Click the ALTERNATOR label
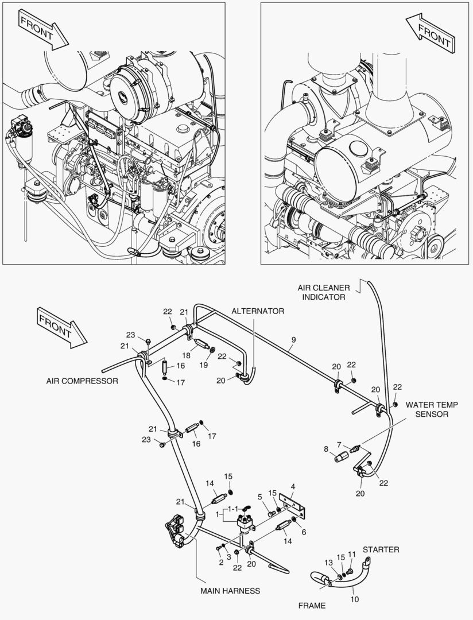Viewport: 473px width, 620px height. click(x=258, y=311)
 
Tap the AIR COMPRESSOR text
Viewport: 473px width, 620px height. click(x=82, y=381)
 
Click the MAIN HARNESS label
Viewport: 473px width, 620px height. click(x=230, y=590)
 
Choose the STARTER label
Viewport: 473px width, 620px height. click(x=381, y=549)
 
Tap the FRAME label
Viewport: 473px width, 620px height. click(x=312, y=605)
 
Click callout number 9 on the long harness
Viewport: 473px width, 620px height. click(x=293, y=340)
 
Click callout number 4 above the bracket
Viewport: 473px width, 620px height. click(x=293, y=487)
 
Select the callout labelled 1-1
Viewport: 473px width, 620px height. click(x=234, y=509)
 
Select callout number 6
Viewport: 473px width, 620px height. click(x=304, y=532)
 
